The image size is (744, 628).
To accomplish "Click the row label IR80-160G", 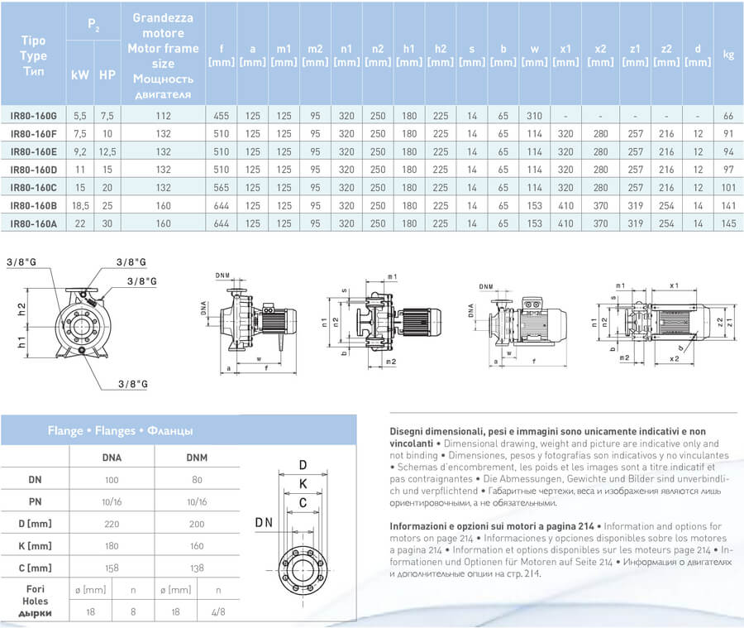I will coord(34,116).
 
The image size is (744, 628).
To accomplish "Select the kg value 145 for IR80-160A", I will coord(728,223).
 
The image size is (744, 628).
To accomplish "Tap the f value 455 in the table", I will coord(221,116).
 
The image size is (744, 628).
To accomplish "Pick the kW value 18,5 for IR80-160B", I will coord(79,204).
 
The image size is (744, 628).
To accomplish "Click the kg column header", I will coord(728,55).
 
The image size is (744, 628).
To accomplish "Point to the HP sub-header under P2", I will coord(107,74).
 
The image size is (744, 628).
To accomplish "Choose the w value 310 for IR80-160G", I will coord(535,116).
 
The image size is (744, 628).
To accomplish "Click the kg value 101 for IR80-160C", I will coord(728,187).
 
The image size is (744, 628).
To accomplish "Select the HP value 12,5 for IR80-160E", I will coord(107,151).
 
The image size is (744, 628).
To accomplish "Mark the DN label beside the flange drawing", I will coord(264,522).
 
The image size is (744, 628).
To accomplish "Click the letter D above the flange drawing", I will coord(303,464).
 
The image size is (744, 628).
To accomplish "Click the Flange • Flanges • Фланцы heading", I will coord(121,430).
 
